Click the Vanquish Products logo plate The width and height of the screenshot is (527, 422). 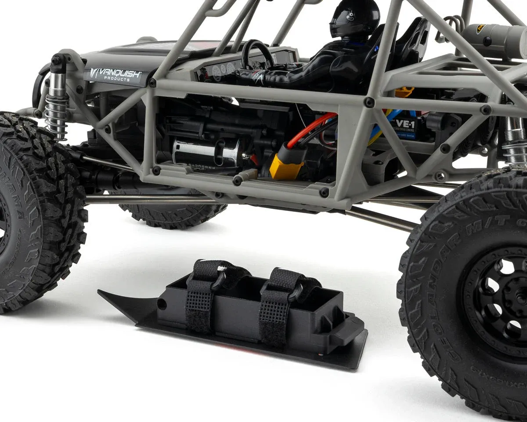click(x=116, y=75)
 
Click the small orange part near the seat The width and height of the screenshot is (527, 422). click(x=404, y=92)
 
